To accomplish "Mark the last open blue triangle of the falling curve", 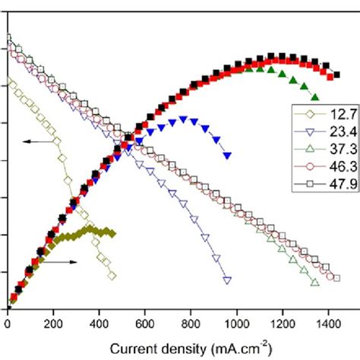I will pos(227,280).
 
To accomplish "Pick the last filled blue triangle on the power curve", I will pos(227,156).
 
